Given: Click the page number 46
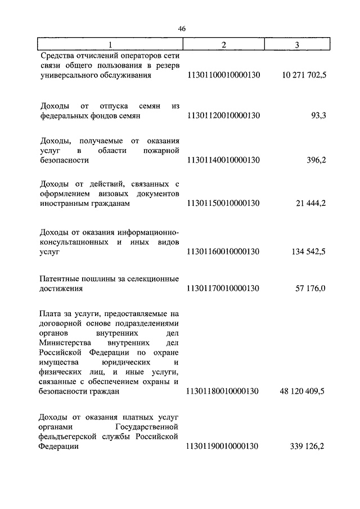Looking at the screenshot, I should click(181, 29).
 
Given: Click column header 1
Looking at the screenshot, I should click(110, 44).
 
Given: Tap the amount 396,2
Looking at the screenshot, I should click(316, 160).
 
